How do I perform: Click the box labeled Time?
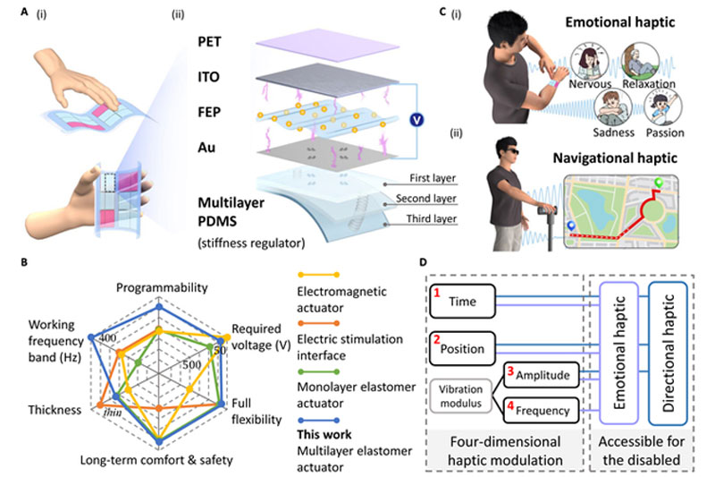[464, 305]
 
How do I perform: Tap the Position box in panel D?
[468, 348]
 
